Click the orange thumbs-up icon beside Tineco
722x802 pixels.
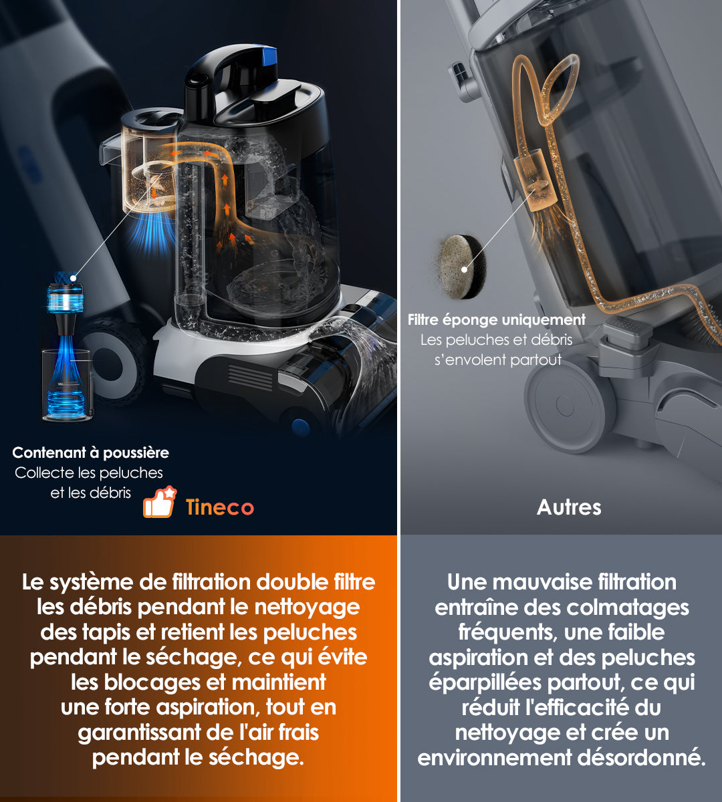tap(159, 503)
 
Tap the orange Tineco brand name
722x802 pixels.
tap(219, 507)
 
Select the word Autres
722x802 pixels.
tap(569, 507)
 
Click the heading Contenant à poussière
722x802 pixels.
tap(90, 452)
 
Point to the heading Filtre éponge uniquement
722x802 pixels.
tap(497, 319)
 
